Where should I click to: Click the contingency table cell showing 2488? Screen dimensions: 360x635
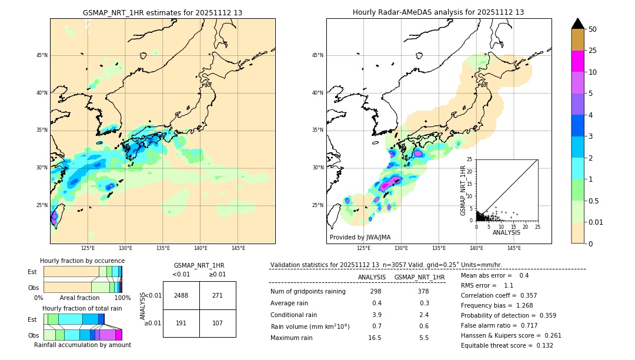[x=181, y=295]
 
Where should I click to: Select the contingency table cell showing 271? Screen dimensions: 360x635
[x=218, y=295]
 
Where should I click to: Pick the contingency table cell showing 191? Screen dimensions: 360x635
[x=181, y=323]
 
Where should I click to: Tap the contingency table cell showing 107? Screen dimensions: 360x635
[x=218, y=323]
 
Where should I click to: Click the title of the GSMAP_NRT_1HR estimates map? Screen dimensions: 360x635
[x=162, y=12]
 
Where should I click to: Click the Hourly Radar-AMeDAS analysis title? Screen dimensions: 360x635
[x=438, y=12]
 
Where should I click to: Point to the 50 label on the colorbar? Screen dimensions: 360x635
[x=593, y=29]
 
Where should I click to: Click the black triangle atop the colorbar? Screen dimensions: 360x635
[x=578, y=24]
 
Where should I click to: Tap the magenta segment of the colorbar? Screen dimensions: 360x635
[x=578, y=61]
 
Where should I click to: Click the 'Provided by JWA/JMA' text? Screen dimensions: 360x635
[x=360, y=237]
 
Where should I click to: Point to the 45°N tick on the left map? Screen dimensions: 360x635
[x=42, y=55]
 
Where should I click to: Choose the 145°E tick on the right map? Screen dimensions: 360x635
[x=514, y=248]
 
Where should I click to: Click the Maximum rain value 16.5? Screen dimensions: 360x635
[x=375, y=338]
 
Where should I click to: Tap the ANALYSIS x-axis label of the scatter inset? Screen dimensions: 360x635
[x=506, y=232]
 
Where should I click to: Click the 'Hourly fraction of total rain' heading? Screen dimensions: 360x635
[x=82, y=308]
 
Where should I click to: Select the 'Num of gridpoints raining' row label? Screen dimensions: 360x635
[x=308, y=291]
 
